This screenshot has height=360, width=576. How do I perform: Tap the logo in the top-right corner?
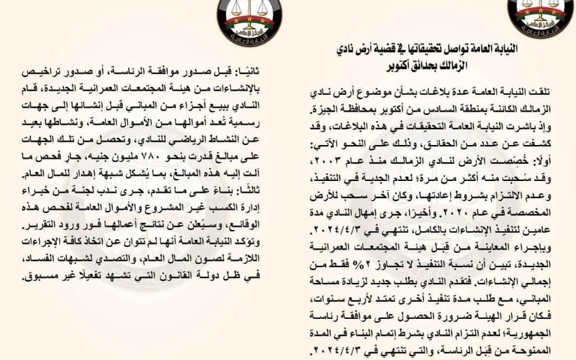click(x=540, y=13)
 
